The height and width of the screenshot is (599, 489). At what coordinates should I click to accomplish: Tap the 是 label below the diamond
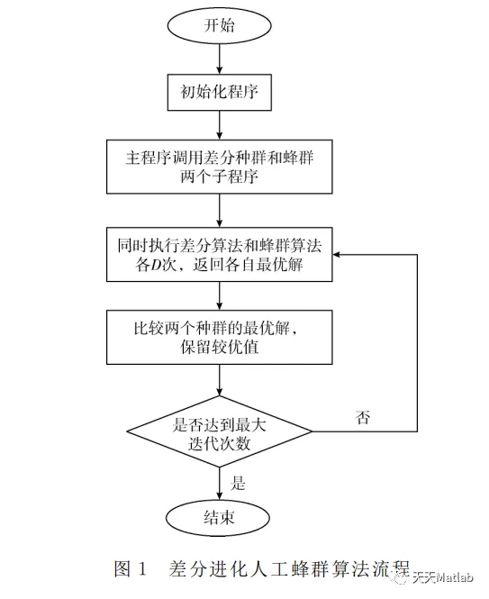[239, 482]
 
